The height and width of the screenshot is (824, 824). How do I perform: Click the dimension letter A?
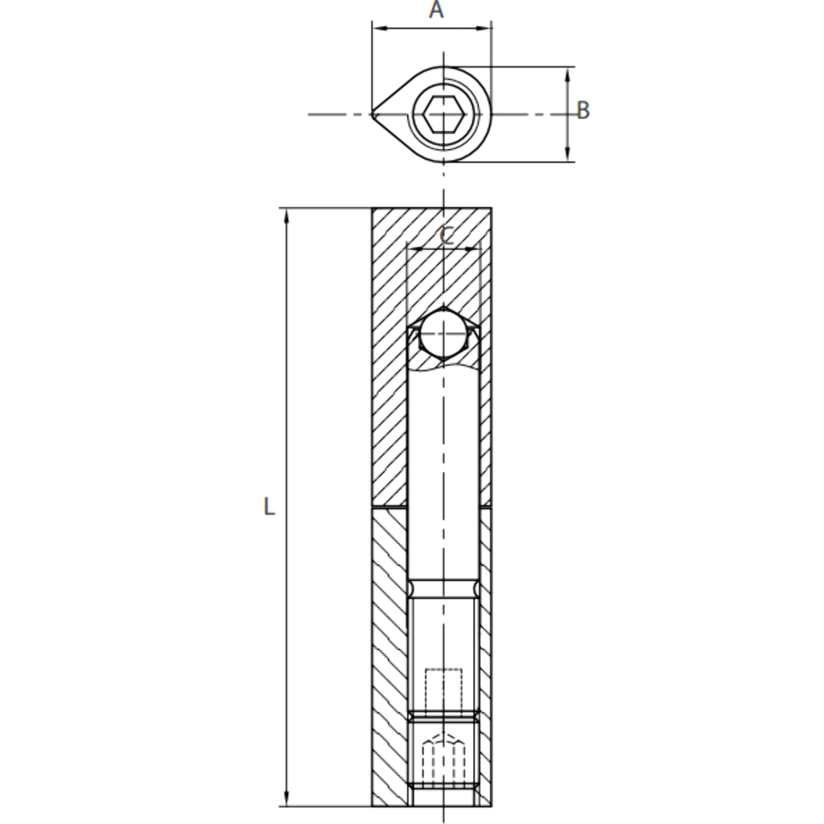pos(436,10)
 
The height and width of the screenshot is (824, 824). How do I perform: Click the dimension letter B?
pos(583,111)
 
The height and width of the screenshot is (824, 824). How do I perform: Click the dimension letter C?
pos(447,236)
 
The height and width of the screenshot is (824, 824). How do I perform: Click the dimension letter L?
pos(269,507)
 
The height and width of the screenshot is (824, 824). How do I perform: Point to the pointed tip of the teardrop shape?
pos(372,114)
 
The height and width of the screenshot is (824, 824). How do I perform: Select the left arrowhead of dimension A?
pos(379,28)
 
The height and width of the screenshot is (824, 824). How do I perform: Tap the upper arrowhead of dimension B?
pos(567,75)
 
